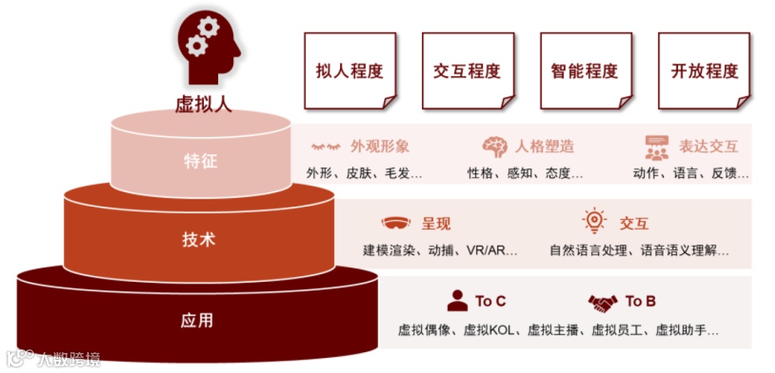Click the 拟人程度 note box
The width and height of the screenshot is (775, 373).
point(349,71)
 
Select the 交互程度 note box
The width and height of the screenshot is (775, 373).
point(467,71)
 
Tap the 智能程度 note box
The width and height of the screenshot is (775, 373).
point(585,71)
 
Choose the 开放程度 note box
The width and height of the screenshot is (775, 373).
point(704,71)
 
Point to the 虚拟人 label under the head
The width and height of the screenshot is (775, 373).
point(204,104)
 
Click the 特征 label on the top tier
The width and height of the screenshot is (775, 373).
point(199,161)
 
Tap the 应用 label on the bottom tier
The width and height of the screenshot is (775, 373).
point(197,320)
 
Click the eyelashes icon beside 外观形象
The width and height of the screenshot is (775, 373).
point(326,147)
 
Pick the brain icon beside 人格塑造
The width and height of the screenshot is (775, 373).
point(495,147)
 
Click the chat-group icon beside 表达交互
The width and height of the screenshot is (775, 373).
point(657,147)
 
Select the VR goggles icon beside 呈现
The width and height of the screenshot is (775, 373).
point(396,223)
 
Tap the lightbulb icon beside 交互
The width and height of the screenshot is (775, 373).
point(595,222)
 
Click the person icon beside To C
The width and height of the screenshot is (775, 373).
point(457,301)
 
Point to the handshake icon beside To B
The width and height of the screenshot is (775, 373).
point(603,302)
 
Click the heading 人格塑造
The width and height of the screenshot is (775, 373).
point(545,147)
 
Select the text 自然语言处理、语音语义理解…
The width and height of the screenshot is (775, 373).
point(639,251)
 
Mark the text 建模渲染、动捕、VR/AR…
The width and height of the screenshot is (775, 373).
point(440,251)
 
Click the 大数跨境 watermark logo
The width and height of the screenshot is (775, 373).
point(54,357)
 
